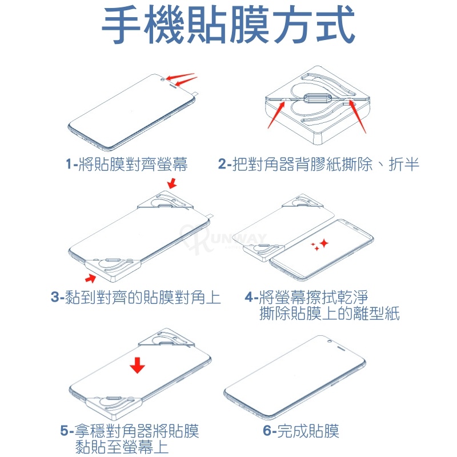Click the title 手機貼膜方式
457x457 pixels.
[x=228, y=25]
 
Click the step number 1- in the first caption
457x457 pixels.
[x=72, y=164]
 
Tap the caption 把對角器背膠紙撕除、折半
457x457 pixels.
[x=326, y=164]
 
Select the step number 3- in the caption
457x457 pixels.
[x=57, y=297]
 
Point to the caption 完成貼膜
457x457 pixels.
[x=308, y=431]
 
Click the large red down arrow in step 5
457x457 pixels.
[x=137, y=365]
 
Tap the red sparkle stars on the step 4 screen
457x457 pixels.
[x=320, y=245]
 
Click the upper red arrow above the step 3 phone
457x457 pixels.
[x=173, y=183]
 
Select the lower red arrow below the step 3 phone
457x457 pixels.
[x=91, y=278]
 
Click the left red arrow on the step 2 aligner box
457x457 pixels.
[x=276, y=115]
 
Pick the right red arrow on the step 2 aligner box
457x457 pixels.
[x=358, y=117]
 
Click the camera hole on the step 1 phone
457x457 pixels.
[x=163, y=79]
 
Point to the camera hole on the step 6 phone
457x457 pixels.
[x=330, y=341]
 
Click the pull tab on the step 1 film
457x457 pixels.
[x=196, y=93]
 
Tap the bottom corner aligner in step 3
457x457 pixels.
[x=113, y=268]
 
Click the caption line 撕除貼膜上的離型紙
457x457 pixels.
[x=330, y=314]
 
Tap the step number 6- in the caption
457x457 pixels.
[x=269, y=431]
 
